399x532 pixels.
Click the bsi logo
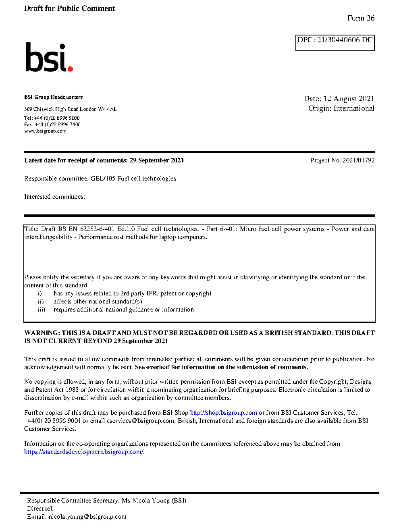click(x=49, y=58)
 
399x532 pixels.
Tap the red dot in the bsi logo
click(x=70, y=69)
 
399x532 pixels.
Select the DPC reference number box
click(x=335, y=42)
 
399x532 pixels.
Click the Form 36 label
click(x=361, y=18)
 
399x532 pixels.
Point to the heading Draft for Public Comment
click(x=69, y=8)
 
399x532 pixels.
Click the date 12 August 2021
click(x=349, y=99)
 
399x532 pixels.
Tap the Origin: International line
click(x=341, y=108)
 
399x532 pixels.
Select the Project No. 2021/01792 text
click(x=342, y=160)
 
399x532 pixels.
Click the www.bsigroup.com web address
click(x=45, y=131)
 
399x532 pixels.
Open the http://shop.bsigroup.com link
click(x=223, y=413)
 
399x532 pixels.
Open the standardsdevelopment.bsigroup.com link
click(x=83, y=452)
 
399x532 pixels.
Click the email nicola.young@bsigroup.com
click(x=87, y=517)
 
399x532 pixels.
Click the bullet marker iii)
click(x=41, y=310)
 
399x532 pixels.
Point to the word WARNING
click(x=42, y=333)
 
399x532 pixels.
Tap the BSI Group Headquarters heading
click(x=53, y=97)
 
